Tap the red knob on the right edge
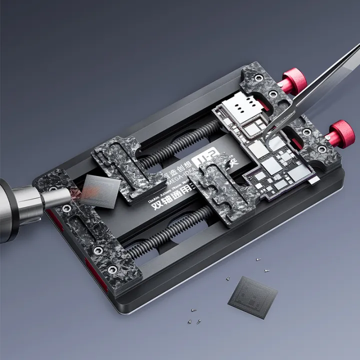coord(341,131)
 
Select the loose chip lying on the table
coord(253,296)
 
